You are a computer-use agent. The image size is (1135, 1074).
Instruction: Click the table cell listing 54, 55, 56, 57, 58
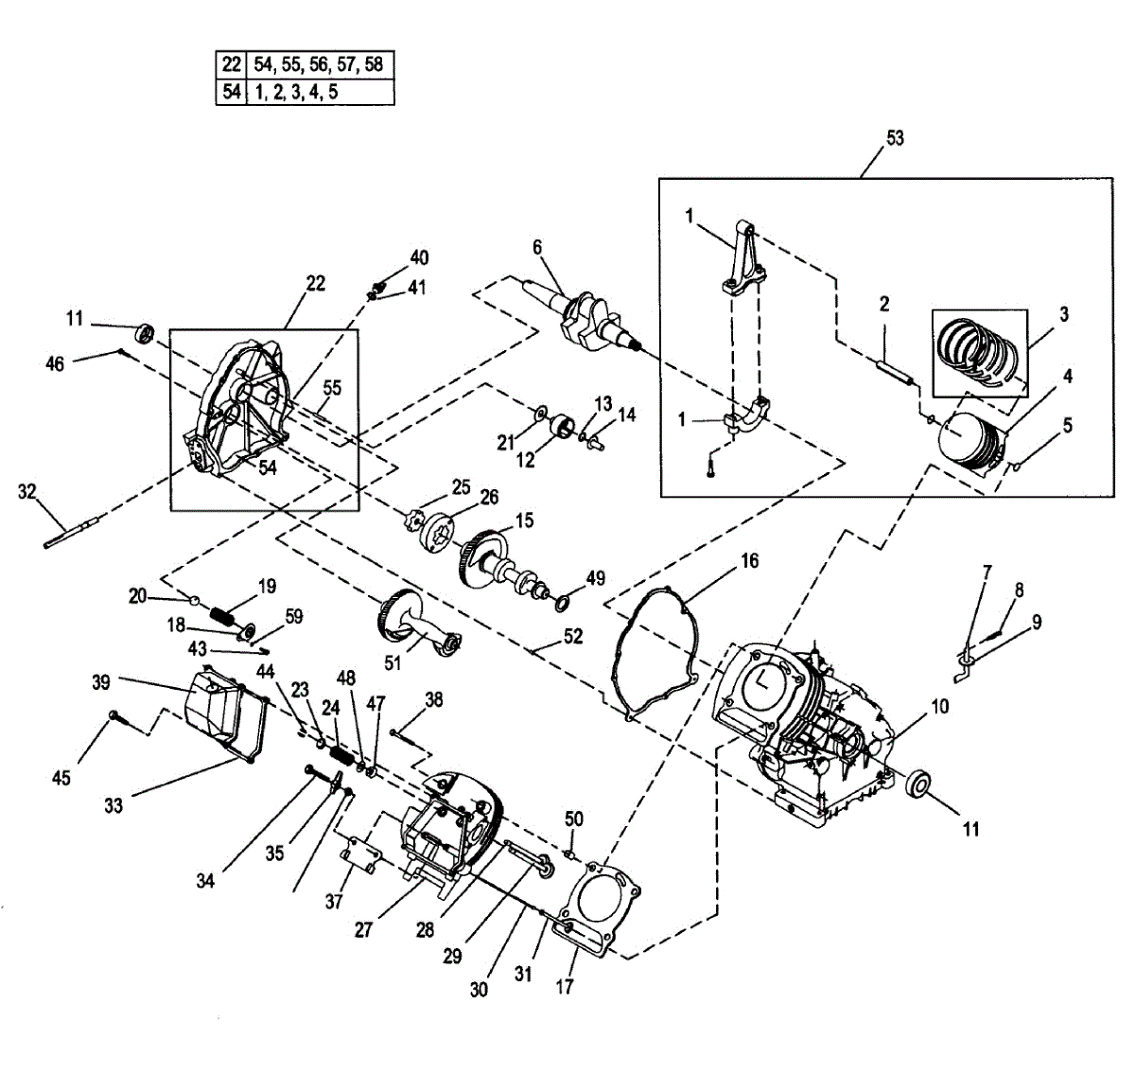(319, 65)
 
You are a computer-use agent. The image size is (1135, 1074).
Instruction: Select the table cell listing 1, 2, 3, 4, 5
(319, 92)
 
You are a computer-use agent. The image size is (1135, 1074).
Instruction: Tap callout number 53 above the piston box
(894, 138)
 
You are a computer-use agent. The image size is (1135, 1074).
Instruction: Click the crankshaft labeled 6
(586, 316)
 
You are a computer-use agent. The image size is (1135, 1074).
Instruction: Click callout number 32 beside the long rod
(26, 491)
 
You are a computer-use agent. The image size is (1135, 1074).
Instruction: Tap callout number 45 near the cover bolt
(61, 778)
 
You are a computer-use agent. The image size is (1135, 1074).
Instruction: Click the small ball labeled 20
(193, 600)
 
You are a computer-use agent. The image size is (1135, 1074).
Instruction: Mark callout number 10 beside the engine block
(939, 707)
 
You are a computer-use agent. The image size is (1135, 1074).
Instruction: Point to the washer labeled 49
(561, 601)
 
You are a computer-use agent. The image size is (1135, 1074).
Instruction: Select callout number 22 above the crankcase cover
(315, 283)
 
